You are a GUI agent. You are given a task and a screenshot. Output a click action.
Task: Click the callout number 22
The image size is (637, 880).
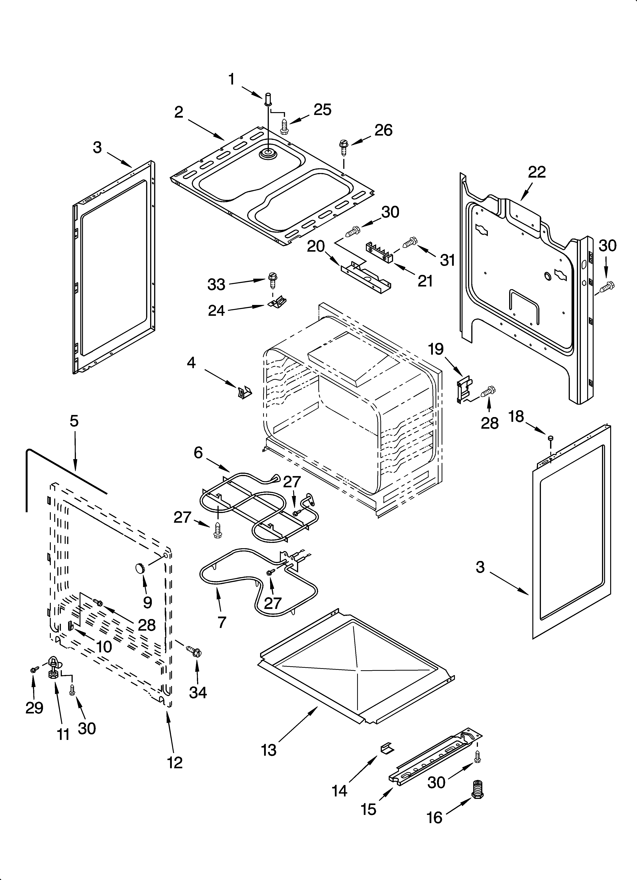click(x=537, y=172)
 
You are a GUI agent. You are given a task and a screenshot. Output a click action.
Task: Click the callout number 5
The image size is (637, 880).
click(x=74, y=421)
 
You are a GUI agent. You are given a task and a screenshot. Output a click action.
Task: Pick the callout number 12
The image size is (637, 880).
click(x=175, y=763)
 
